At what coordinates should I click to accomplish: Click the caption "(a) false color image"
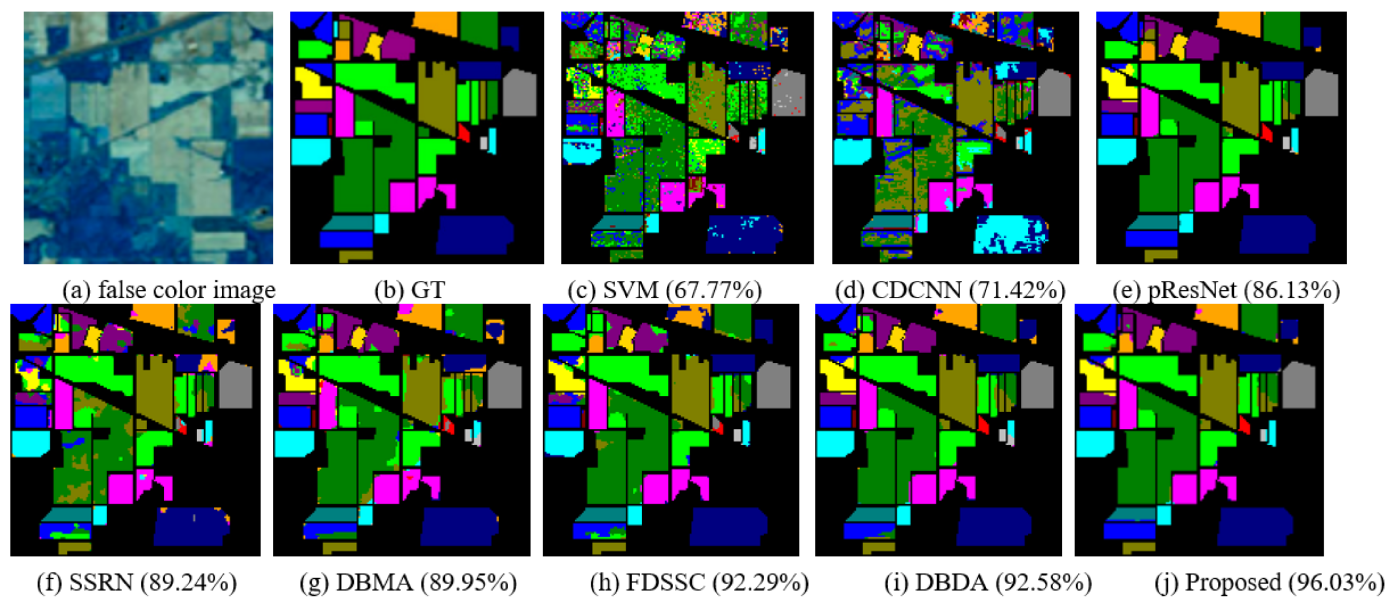169,290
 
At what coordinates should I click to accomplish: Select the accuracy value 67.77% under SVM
713,290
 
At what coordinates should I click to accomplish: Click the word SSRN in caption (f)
101,583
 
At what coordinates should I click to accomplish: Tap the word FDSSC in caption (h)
665,583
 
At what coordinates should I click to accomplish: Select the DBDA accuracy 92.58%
1044,583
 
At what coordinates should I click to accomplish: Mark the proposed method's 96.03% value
1336,583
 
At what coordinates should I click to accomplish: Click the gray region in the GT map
519,94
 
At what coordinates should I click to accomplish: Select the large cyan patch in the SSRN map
30,443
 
